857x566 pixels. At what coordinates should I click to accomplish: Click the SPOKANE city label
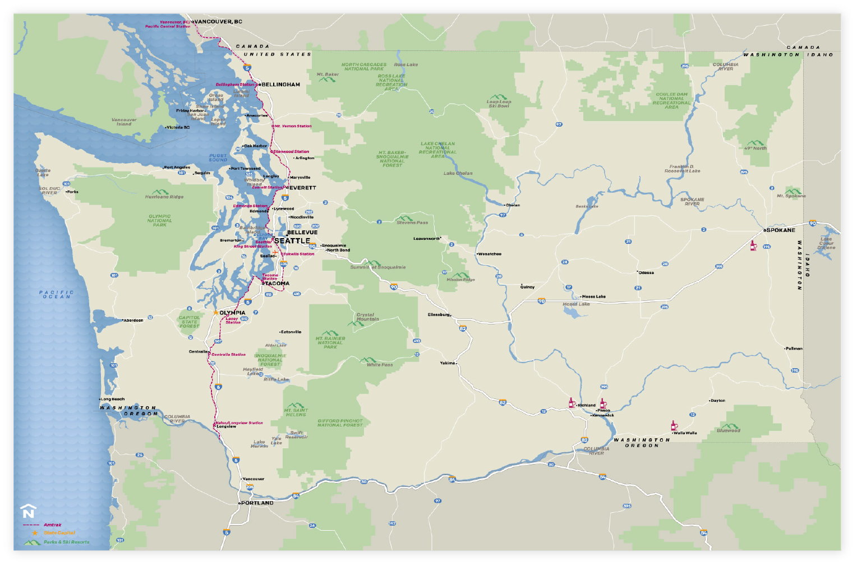781,230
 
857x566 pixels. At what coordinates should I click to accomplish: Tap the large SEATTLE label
292,240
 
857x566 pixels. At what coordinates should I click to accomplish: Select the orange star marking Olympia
215,313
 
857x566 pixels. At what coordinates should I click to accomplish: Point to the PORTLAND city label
257,503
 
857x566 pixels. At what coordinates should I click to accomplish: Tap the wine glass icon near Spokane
753,245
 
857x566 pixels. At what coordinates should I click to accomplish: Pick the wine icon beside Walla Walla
674,426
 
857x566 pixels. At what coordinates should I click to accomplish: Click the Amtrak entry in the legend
52,525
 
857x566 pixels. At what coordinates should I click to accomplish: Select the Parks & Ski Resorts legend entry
66,542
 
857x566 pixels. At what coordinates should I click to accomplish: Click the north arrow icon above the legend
28,512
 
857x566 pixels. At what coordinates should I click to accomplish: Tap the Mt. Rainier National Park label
330,342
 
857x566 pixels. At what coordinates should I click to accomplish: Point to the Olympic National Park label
160,220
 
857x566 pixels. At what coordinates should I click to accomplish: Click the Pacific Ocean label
57,294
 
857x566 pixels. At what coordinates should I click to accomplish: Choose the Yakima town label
448,363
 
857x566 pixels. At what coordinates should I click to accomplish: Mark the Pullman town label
794,349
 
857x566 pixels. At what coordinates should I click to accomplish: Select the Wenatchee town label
490,254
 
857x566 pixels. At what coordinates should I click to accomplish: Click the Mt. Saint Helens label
296,412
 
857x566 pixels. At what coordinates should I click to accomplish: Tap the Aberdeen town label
133,320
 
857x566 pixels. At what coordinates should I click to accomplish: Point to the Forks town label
73,192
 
